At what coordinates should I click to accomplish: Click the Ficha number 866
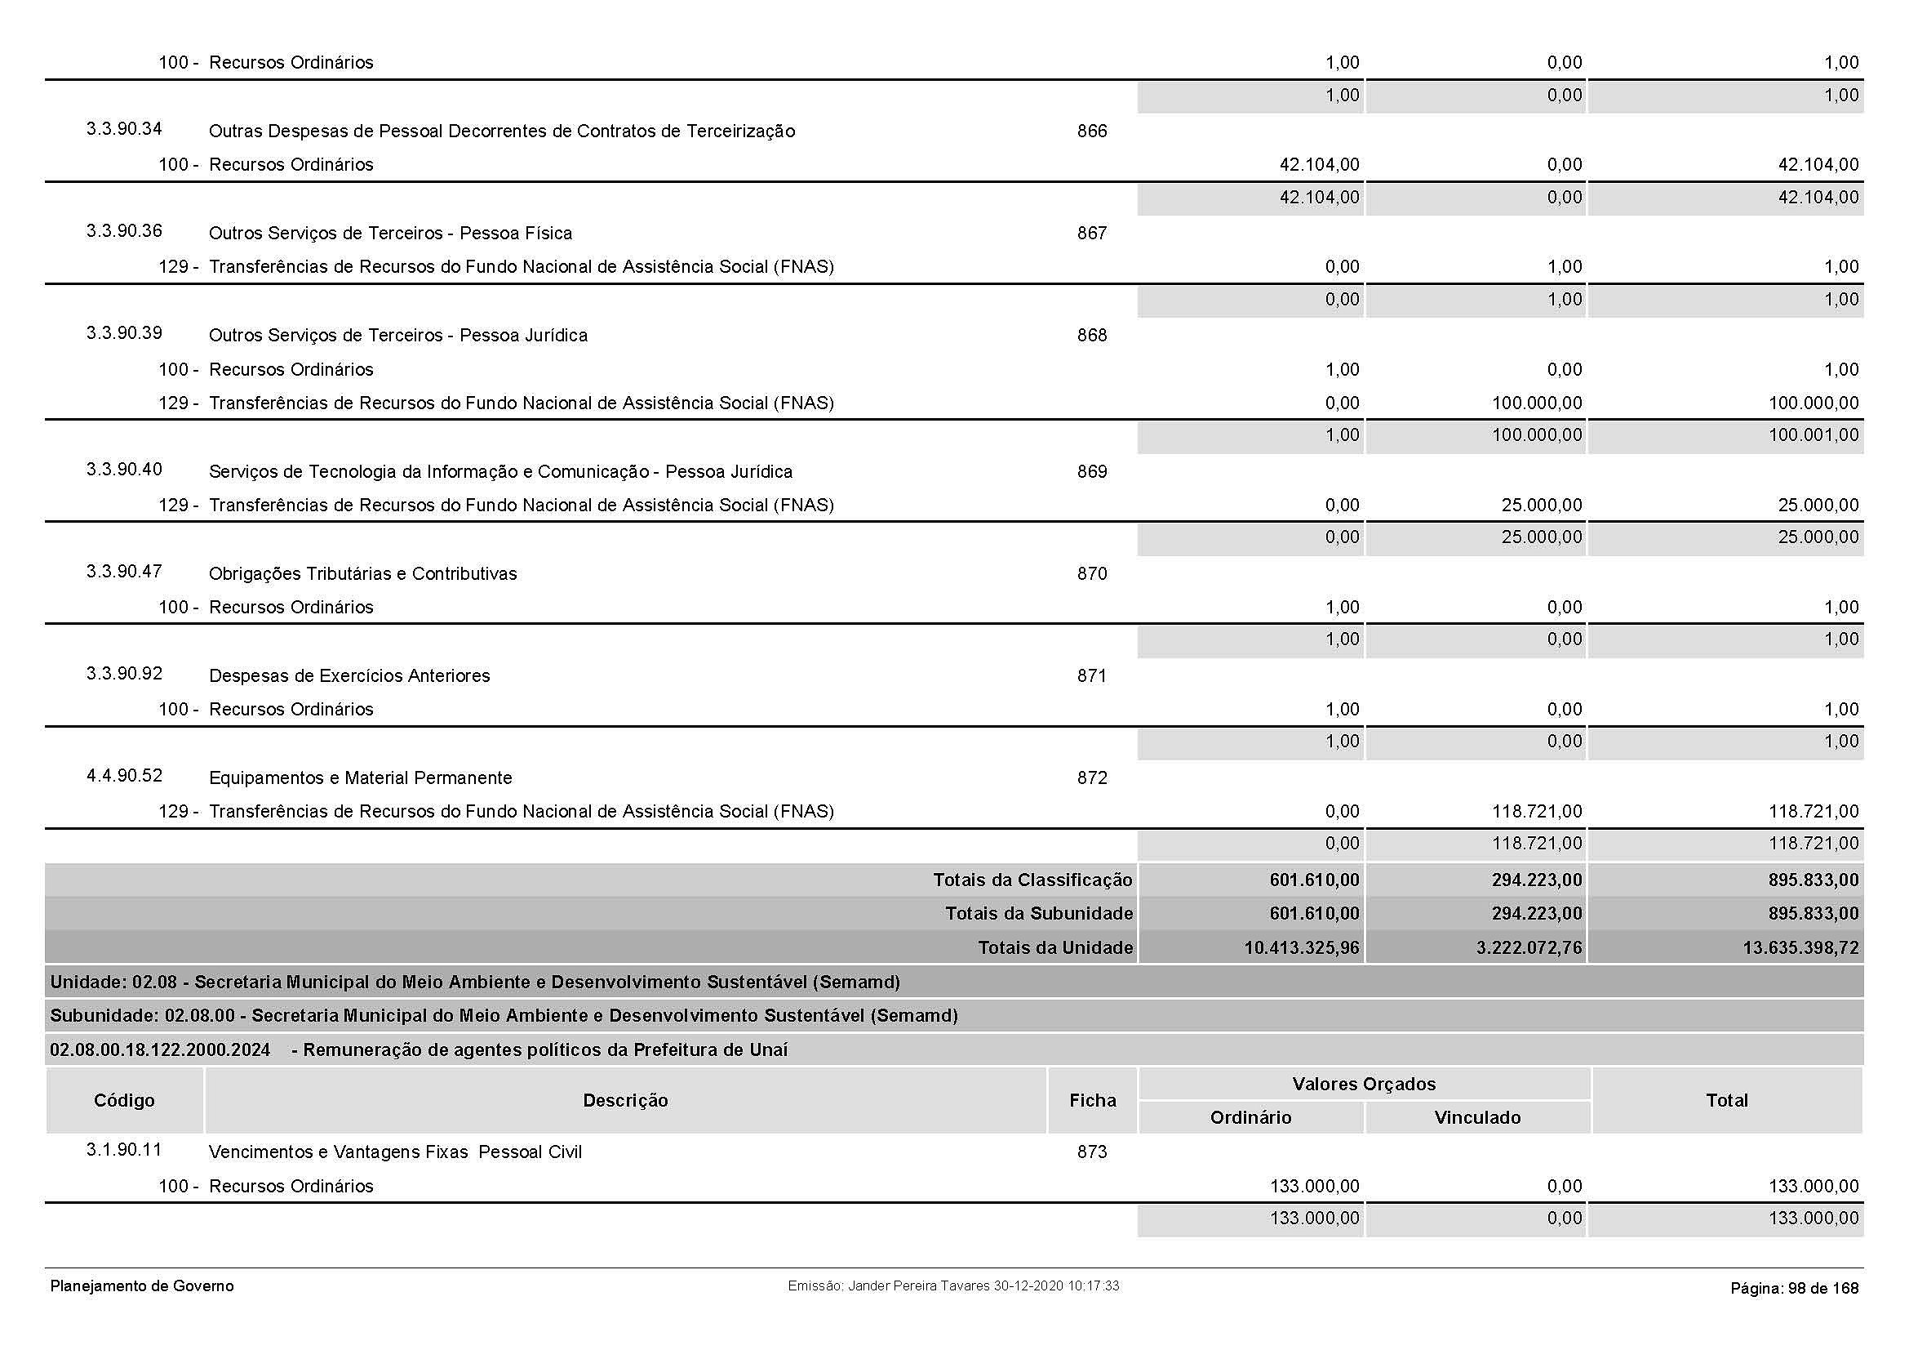coord(1092,131)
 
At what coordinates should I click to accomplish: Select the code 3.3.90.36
coord(124,231)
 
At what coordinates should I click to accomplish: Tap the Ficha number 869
coord(1092,472)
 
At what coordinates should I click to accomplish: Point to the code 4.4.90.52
coord(124,776)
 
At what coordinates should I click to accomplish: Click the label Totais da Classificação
coord(1032,880)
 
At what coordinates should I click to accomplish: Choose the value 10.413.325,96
coord(1301,948)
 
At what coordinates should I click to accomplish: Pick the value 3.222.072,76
coord(1529,948)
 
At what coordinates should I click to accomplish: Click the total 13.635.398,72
coord(1800,948)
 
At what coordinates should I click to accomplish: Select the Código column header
coord(124,1100)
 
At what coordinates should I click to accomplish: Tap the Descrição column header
coord(625,1100)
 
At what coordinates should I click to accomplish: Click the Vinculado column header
coord(1477,1118)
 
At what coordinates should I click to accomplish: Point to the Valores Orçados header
coord(1364,1084)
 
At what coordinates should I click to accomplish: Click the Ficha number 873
coord(1092,1153)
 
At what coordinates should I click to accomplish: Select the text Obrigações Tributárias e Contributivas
coord(362,574)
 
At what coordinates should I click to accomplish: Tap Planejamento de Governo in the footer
coord(142,1286)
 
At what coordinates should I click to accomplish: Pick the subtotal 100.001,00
coord(1813,436)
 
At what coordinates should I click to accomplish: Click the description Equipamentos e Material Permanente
coord(360,778)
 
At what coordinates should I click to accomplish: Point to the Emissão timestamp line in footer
coord(953,1286)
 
